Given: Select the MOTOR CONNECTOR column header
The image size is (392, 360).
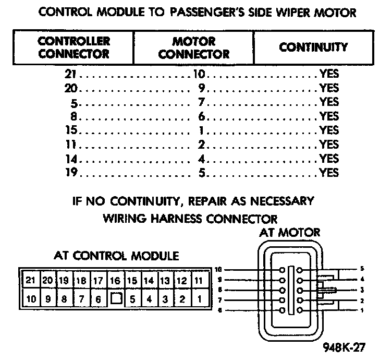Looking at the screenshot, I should point(194,47).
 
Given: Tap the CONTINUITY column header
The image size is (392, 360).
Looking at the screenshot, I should point(313,47).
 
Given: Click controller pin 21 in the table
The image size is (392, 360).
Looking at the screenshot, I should point(71,74).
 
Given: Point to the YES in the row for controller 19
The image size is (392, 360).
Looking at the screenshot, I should point(329,172).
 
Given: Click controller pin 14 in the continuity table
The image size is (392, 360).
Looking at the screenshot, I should point(71,158).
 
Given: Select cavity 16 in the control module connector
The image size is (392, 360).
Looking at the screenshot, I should point(115,280).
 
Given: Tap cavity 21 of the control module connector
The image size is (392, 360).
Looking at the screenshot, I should point(30,280).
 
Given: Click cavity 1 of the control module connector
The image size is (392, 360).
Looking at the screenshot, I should point(199,299).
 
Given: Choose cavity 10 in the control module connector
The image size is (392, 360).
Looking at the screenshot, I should point(30,299).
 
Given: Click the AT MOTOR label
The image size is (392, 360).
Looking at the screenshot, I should point(290,232).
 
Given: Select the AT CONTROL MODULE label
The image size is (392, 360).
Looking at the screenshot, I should point(117,256).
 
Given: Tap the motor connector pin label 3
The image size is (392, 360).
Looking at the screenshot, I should point(362,290).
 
